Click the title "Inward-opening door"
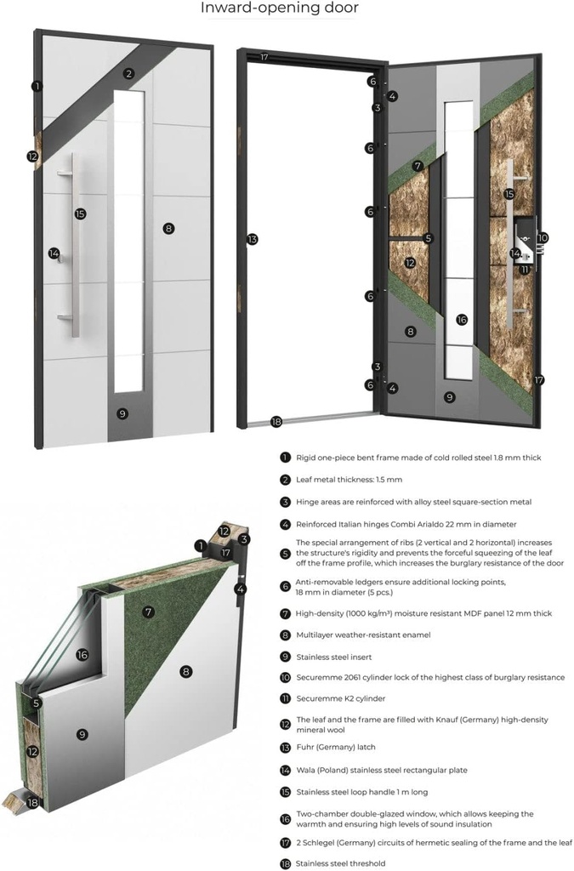pyautogui.click(x=279, y=9)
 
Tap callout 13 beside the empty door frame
pyautogui.click(x=252, y=240)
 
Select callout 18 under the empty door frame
pyautogui.click(x=276, y=421)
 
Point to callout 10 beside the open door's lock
pyautogui.click(x=543, y=239)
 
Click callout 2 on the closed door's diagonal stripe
pyautogui.click(x=128, y=73)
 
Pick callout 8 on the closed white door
pyautogui.click(x=168, y=228)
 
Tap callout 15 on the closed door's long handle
pyautogui.click(x=80, y=214)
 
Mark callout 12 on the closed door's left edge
pyautogui.click(x=32, y=157)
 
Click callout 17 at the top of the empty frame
pyautogui.click(x=264, y=58)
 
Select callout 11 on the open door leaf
pyautogui.click(x=525, y=270)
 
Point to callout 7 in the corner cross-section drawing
pyautogui.click(x=148, y=612)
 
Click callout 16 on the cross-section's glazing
pyautogui.click(x=82, y=655)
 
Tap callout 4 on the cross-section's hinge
pyautogui.click(x=242, y=589)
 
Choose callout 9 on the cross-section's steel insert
pyautogui.click(x=82, y=733)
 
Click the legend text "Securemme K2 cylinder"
pyautogui.click(x=340, y=698)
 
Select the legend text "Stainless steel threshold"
pyautogui.click(x=340, y=863)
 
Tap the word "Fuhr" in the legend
pyautogui.click(x=306, y=747)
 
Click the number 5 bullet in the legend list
pyautogui.click(x=285, y=552)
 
